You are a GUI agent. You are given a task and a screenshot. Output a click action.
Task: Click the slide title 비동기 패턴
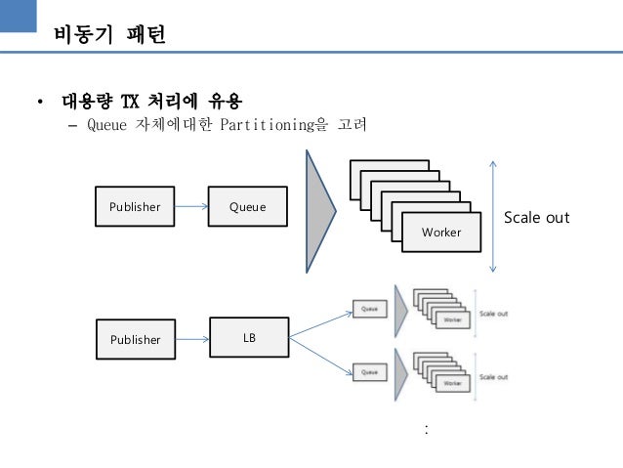click(x=108, y=36)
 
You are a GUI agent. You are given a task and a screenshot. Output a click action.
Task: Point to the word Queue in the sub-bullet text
click(x=106, y=125)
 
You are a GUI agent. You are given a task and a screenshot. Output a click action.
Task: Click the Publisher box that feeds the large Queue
click(x=134, y=206)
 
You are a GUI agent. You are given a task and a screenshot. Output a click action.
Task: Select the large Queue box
click(x=247, y=206)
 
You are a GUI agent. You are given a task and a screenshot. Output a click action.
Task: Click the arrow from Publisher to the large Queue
click(x=190, y=206)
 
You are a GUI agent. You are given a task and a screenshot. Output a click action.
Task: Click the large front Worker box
click(x=440, y=232)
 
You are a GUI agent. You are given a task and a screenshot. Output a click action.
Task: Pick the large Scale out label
click(x=536, y=217)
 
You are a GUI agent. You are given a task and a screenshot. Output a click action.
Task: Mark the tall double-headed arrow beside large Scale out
click(x=494, y=215)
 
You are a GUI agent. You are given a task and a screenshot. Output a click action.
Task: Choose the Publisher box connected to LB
click(x=134, y=339)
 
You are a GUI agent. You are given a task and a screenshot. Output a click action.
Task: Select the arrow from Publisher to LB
click(x=191, y=339)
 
